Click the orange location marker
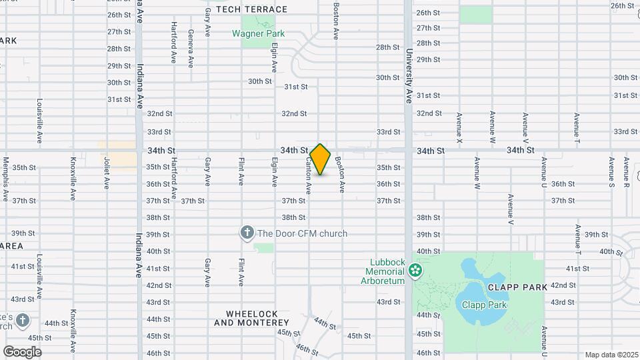click(x=320, y=159)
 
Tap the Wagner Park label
click(x=258, y=33)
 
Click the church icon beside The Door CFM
click(x=247, y=233)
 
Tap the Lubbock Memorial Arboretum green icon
click(x=416, y=270)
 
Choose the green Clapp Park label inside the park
click(x=485, y=305)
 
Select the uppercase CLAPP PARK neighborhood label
click(x=517, y=287)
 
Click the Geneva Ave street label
click(x=191, y=48)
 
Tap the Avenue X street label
click(x=459, y=127)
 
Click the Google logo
click(x=22, y=351)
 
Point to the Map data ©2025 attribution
click(x=611, y=355)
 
